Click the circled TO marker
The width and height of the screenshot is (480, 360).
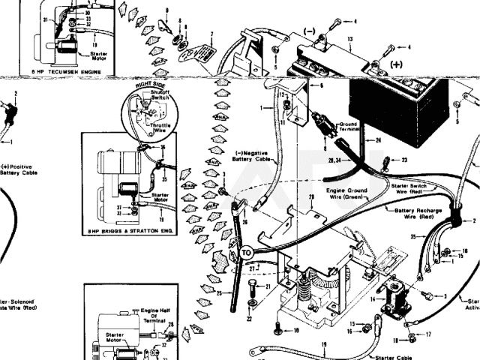(247, 253)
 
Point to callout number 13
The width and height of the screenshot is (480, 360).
(349, 39)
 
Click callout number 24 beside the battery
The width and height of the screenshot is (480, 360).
(379, 140)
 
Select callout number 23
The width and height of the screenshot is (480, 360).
(405, 160)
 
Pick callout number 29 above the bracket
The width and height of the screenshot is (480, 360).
(311, 198)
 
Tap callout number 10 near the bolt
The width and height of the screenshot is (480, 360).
(295, 330)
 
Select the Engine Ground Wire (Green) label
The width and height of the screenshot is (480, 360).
(346, 194)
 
